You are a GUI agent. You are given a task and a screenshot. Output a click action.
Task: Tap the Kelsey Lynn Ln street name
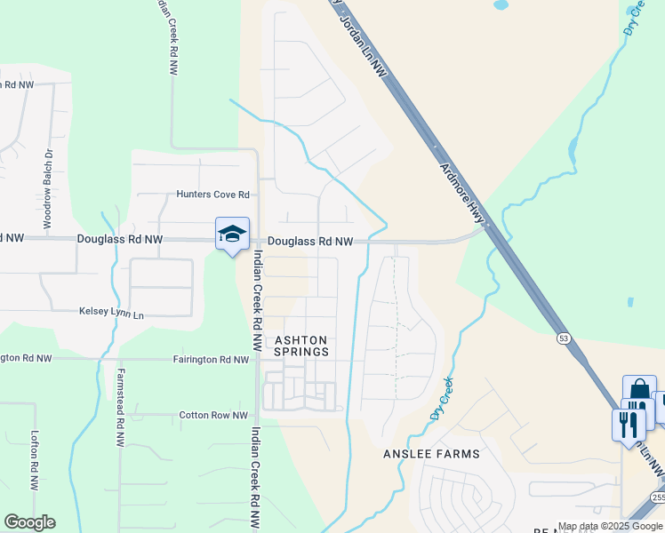coord(111,314)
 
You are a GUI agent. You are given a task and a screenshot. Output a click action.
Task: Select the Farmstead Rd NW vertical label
coord(120,408)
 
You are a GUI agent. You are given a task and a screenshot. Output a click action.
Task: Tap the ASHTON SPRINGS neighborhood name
coord(300,346)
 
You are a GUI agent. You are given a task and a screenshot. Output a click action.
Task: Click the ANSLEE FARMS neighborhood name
coord(431,454)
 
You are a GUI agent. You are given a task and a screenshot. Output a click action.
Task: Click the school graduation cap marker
coord(232,234)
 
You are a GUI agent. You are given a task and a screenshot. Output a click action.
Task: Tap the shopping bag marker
coord(638,392)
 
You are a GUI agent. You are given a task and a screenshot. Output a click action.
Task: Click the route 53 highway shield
coord(564,338)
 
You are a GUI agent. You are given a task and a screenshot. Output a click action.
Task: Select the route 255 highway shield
coord(656,498)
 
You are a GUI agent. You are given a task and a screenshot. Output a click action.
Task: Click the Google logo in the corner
coord(29,522)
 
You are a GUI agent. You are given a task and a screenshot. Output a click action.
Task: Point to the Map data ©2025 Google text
coord(610,527)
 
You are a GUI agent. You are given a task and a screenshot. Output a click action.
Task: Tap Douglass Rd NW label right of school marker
coord(310,241)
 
